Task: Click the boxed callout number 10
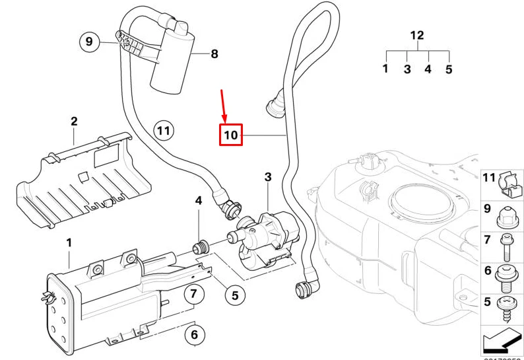pyautogui.click(x=231, y=135)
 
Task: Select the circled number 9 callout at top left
pyautogui.click(x=89, y=42)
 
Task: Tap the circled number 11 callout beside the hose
pyautogui.click(x=163, y=131)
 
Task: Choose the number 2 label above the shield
pyautogui.click(x=74, y=122)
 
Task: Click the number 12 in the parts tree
pyautogui.click(x=417, y=36)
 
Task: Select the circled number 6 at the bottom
pyautogui.click(x=194, y=335)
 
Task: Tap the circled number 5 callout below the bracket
pyautogui.click(x=234, y=296)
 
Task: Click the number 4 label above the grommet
pyautogui.click(x=197, y=201)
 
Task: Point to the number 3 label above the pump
pyautogui.click(x=267, y=177)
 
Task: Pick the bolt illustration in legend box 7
pyautogui.click(x=507, y=248)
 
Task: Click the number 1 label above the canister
pyautogui.click(x=69, y=244)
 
